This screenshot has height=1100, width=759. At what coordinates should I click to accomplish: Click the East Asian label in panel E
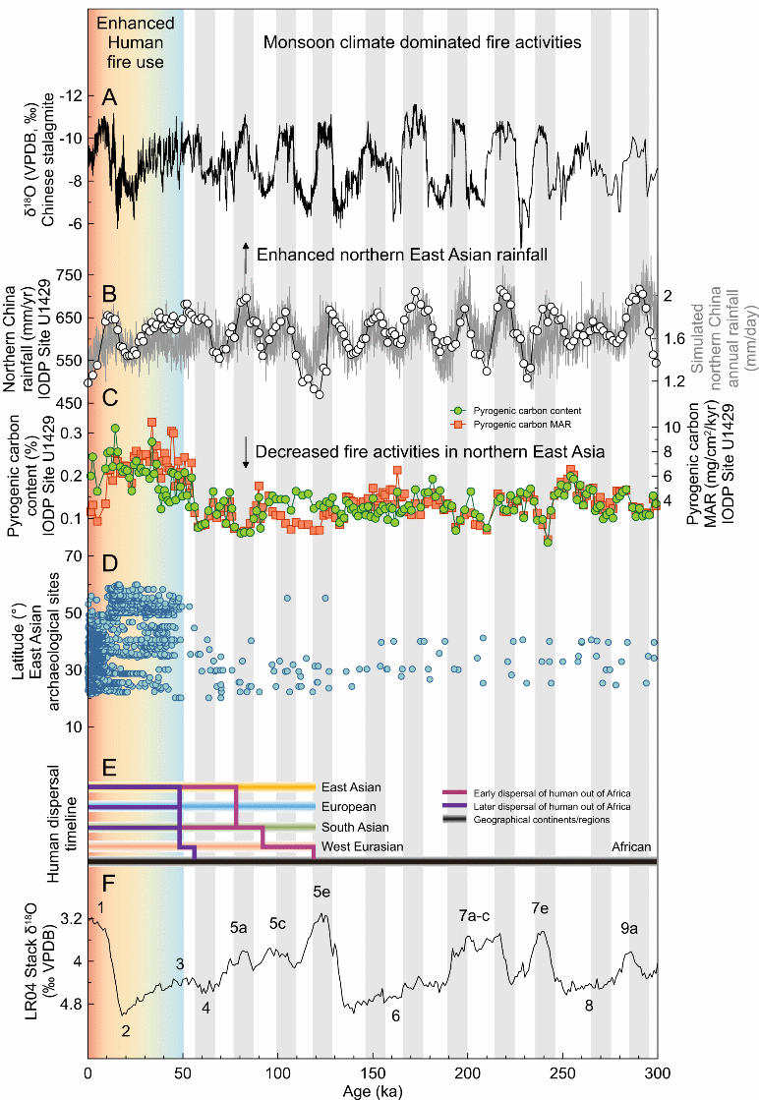[x=351, y=787]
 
